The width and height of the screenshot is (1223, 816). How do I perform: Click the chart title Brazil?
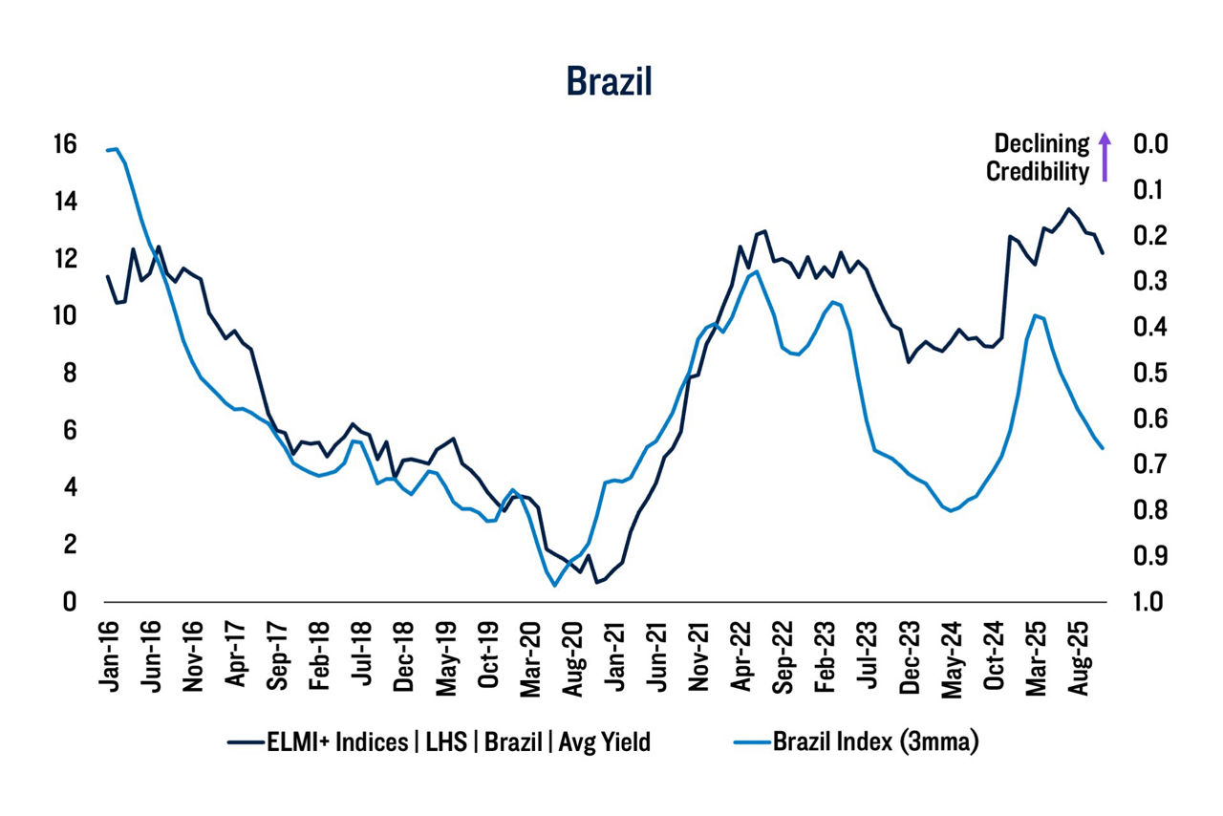click(609, 81)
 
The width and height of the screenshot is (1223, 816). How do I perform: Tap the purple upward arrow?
click(1105, 157)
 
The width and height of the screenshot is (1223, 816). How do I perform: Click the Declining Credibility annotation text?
click(1038, 158)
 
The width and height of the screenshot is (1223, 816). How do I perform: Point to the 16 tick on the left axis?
click(64, 144)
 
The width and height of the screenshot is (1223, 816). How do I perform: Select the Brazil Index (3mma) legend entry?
click(858, 742)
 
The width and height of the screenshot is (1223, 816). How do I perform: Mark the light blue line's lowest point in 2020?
click(554, 585)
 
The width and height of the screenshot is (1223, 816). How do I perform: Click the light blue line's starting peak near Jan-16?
click(115, 149)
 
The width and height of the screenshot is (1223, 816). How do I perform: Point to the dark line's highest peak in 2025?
click(1068, 209)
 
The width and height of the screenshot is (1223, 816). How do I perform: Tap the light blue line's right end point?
click(1103, 448)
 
